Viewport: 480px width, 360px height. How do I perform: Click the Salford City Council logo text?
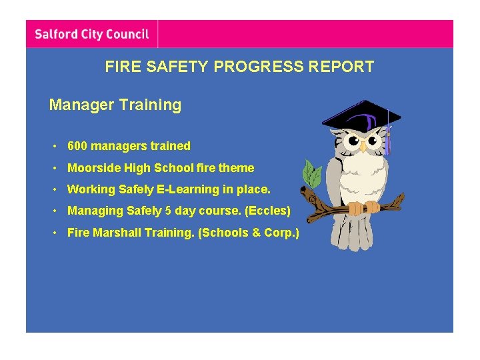[91, 34]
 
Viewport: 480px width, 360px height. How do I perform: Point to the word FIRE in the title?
[120, 67]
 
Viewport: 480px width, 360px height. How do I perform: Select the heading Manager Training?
[115, 105]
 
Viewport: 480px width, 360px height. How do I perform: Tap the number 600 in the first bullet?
[77, 146]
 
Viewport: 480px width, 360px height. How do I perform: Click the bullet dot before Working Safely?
[58, 189]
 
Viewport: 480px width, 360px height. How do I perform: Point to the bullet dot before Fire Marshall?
[58, 233]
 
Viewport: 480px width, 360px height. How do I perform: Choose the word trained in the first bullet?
[171, 146]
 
